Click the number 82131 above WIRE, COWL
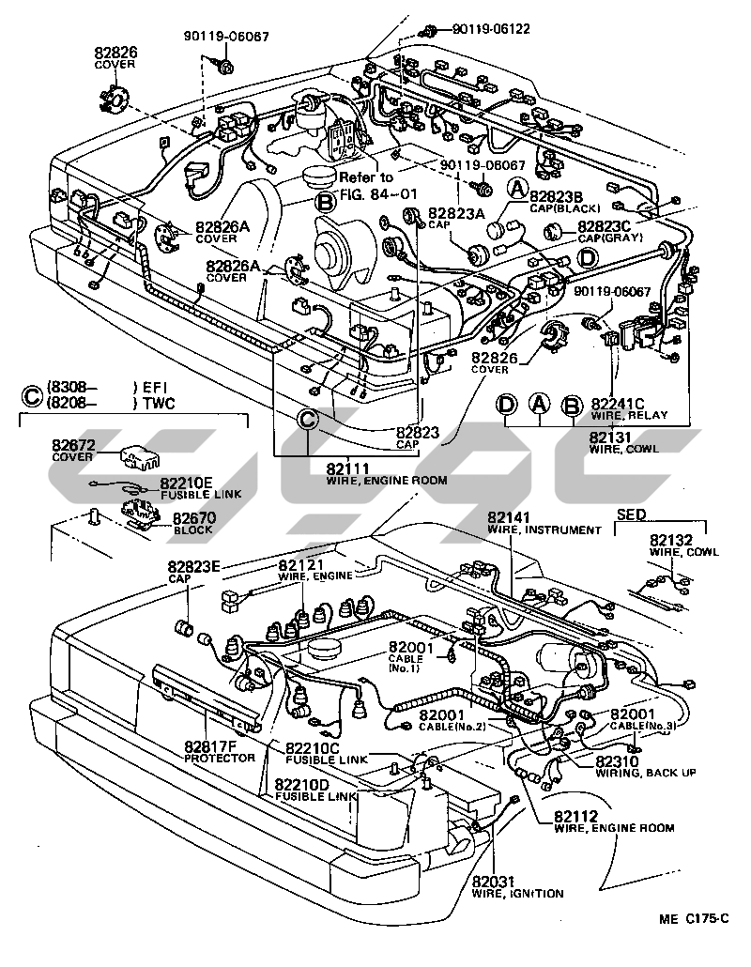click(x=610, y=437)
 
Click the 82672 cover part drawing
click(x=138, y=455)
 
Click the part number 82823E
click(x=194, y=566)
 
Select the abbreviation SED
click(x=630, y=514)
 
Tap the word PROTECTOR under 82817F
click(x=219, y=758)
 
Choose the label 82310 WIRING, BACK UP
click(x=644, y=765)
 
